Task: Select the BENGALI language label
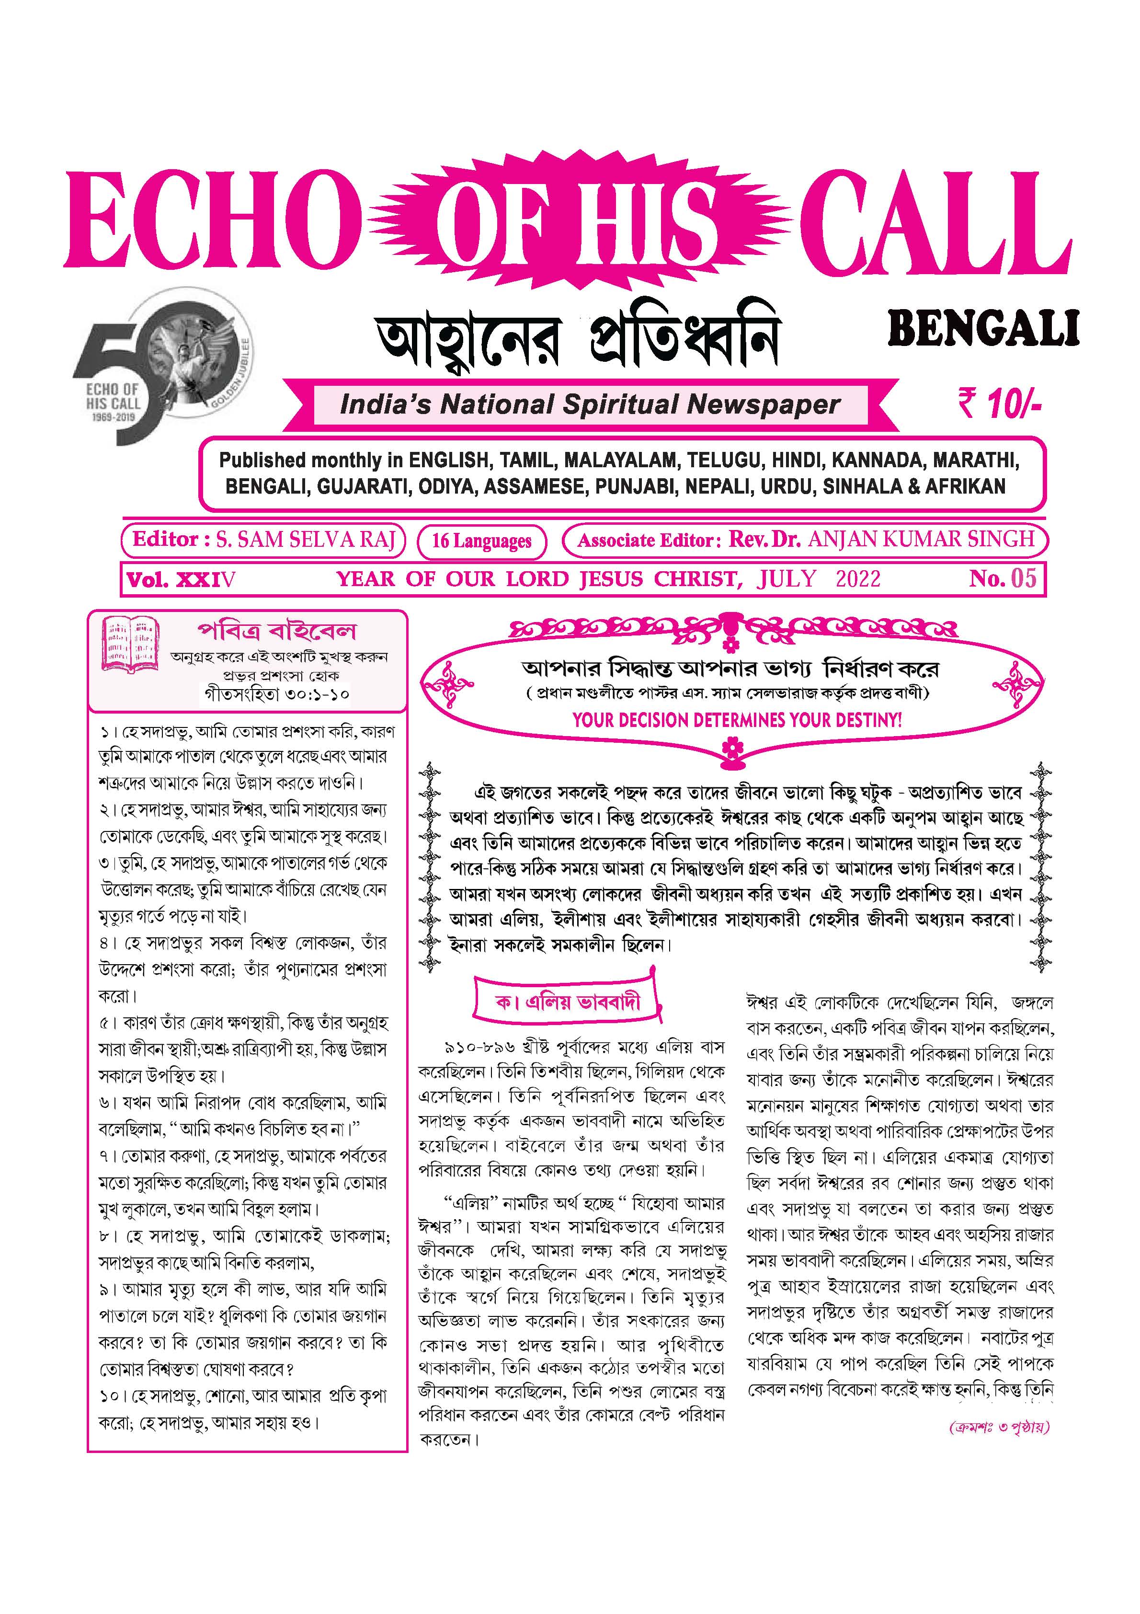[x=983, y=330]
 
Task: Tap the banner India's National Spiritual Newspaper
[x=591, y=405]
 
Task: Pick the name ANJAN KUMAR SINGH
[x=921, y=540]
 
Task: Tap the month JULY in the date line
[x=787, y=579]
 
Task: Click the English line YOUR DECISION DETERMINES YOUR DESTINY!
[x=737, y=720]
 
